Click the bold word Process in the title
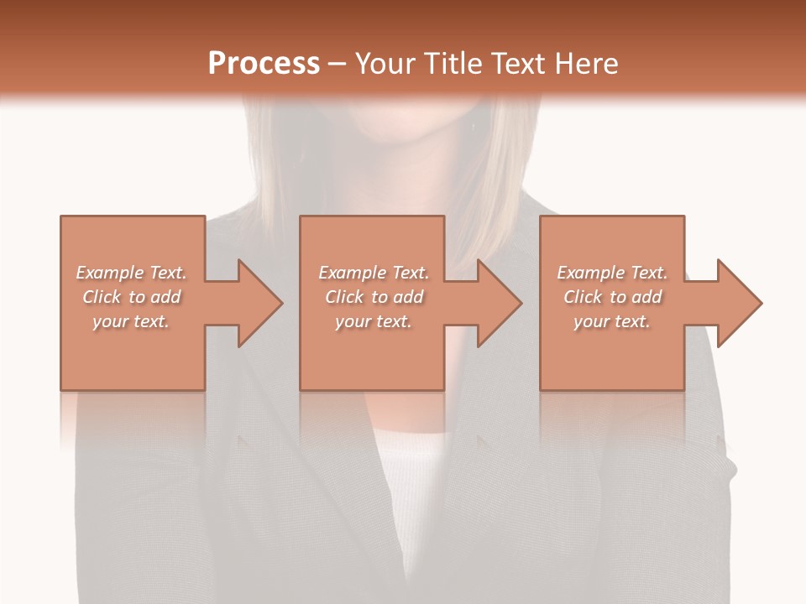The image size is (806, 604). [x=264, y=64]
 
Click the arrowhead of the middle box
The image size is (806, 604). [x=499, y=303]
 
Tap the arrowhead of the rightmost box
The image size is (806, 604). [x=739, y=303]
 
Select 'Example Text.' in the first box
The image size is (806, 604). [x=131, y=273]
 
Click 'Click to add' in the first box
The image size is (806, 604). [x=132, y=297]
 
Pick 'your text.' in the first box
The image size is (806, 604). [x=131, y=321]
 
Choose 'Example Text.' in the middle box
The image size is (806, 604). [x=374, y=273]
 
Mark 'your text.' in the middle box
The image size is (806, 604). [x=374, y=321]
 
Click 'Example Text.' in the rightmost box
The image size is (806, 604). [x=612, y=273]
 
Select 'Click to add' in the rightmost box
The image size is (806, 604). [x=613, y=297]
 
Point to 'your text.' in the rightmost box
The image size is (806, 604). [x=612, y=321]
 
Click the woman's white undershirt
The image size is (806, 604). [x=411, y=487]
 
